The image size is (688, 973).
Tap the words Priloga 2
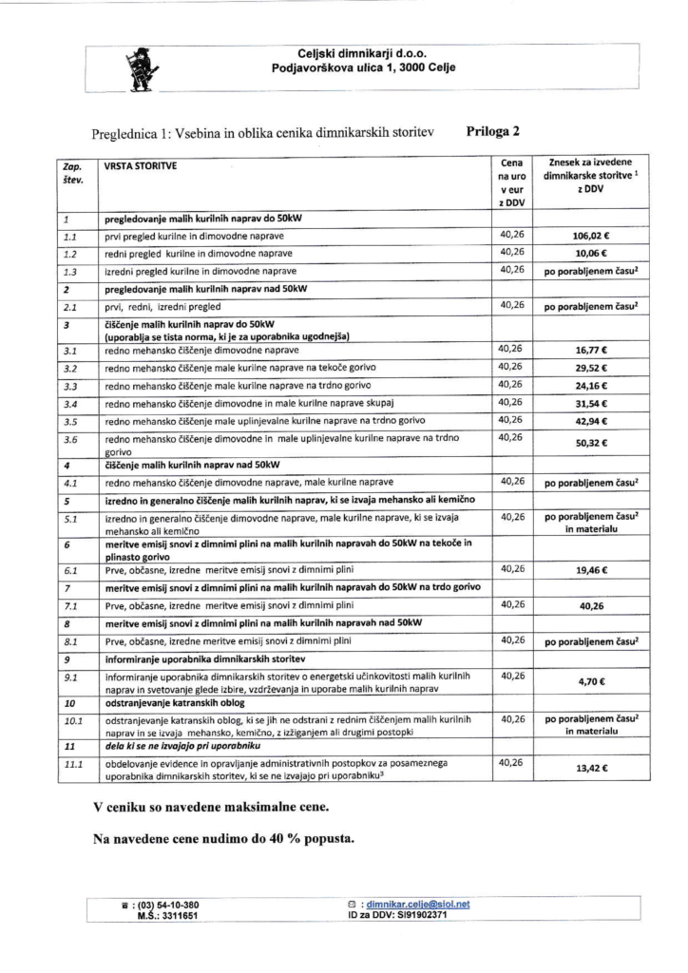(x=492, y=132)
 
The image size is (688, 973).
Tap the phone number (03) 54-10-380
(x=166, y=904)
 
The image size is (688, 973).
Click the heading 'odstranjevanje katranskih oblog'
(x=174, y=704)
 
